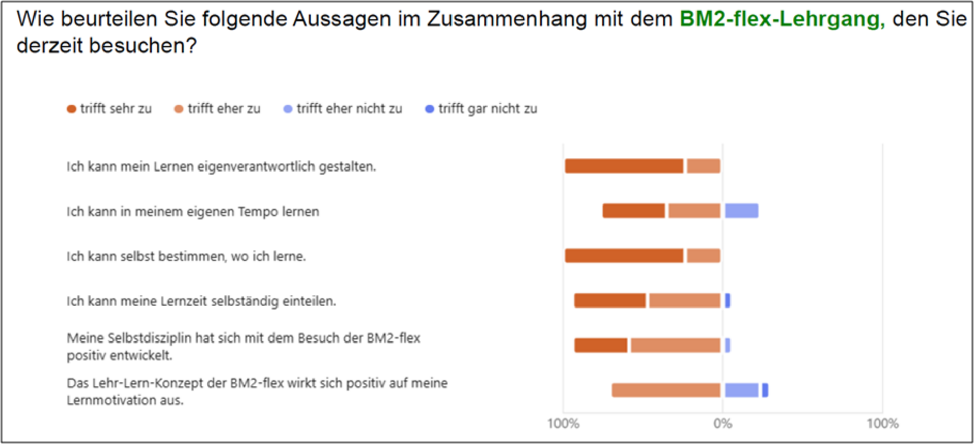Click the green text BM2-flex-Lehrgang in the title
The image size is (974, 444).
point(782,19)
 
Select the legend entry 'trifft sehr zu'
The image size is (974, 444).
point(110,109)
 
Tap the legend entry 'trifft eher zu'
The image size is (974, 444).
point(218,109)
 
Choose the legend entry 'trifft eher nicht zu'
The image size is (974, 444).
point(343,109)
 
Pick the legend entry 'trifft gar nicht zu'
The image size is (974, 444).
point(481,109)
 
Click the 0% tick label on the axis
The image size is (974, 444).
point(722,423)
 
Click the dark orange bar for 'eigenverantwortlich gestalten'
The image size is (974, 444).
point(624,166)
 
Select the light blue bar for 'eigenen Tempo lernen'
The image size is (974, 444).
point(742,211)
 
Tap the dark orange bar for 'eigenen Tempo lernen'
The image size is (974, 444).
point(634,211)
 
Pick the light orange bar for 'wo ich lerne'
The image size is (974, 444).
point(704,256)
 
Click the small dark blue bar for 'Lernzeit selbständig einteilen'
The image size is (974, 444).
point(728,300)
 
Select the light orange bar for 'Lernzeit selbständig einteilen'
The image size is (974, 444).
point(685,300)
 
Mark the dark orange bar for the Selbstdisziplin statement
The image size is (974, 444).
point(601,346)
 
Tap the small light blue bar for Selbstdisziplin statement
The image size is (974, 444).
point(728,346)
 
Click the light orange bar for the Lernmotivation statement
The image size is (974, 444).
point(666,390)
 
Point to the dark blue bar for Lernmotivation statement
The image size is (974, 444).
point(765,390)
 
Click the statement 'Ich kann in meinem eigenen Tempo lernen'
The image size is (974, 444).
point(193,212)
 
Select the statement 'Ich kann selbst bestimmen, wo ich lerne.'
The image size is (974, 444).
point(186,256)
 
